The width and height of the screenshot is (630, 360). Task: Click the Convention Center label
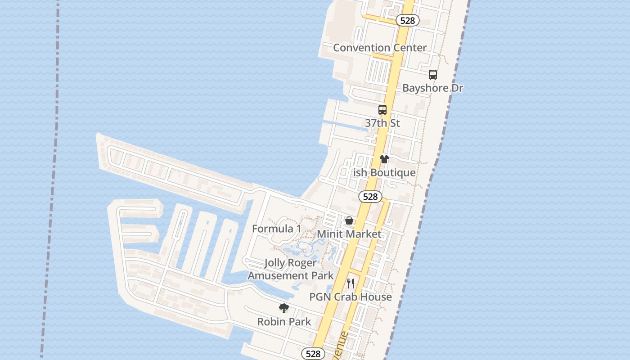[380, 48]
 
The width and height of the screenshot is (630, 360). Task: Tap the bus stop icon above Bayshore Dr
[433, 75]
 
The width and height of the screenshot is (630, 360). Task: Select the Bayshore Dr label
[432, 88]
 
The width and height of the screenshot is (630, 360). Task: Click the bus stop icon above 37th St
[382, 110]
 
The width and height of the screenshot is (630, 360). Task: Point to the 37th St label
[382, 123]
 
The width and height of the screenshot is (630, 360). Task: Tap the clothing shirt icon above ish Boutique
[384, 159]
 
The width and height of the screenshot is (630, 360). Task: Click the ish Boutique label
[384, 173]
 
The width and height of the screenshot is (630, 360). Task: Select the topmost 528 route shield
[408, 20]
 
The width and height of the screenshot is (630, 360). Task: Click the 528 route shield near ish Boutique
[370, 197]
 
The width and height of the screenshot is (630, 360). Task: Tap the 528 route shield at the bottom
[313, 354]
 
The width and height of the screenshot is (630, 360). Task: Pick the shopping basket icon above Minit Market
[349, 220]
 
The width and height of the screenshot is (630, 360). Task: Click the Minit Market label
[349, 234]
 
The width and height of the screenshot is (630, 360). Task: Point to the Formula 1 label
[276, 229]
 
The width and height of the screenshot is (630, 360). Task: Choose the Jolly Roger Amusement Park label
[291, 269]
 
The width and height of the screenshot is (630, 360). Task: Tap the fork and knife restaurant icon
[351, 283]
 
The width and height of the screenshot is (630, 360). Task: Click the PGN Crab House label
[351, 297]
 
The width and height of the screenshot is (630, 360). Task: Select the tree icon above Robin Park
[284, 308]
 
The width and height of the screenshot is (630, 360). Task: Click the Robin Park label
[284, 322]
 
